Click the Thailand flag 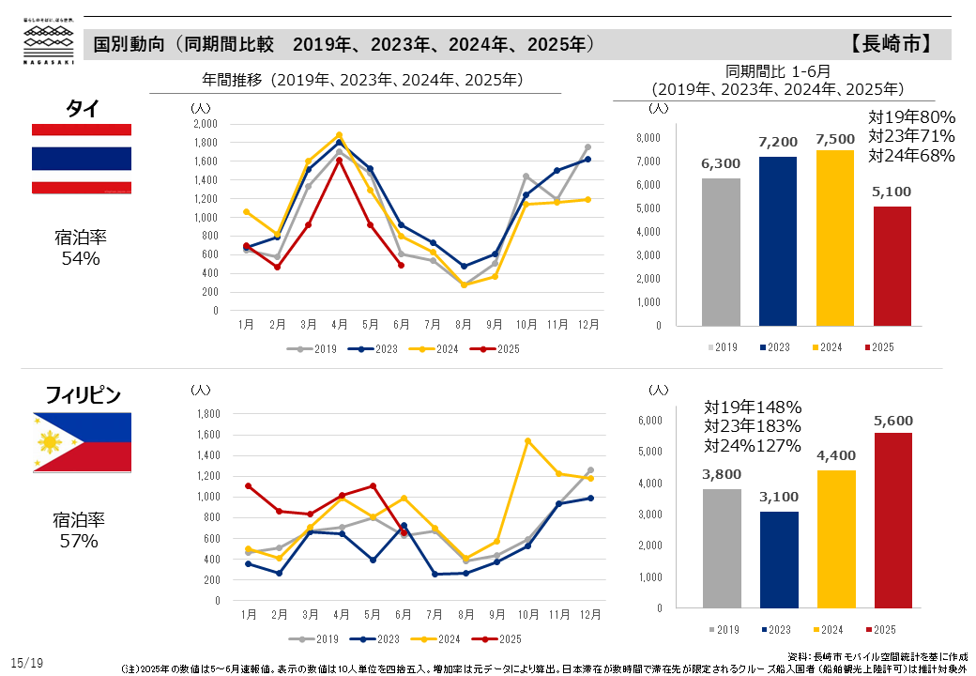coord(82,159)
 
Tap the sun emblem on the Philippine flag coord(48,441)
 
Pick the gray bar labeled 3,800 coord(721,547)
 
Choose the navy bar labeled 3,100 coord(778,559)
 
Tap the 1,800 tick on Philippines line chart coord(206,414)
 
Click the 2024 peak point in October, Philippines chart coord(527,440)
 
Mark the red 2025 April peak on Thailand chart coord(339,160)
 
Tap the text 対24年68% coord(911,155)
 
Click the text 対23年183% coord(753,426)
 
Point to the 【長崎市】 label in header coord(892,44)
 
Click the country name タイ coord(82,108)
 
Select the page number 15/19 coord(28,663)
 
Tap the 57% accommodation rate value coord(80,541)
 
